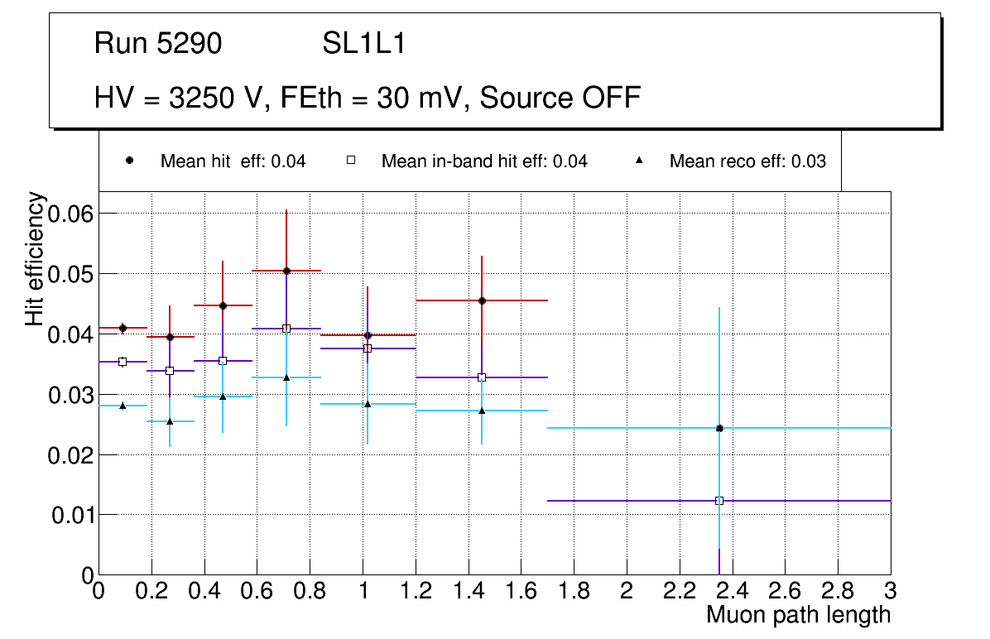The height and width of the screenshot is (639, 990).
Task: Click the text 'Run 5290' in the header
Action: (x=157, y=43)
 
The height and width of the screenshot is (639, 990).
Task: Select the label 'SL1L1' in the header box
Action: (x=363, y=43)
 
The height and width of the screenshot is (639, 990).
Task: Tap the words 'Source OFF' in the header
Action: (x=560, y=98)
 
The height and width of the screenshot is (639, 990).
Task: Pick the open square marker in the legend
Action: (x=350, y=161)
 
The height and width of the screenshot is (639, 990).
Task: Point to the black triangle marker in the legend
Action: (x=639, y=161)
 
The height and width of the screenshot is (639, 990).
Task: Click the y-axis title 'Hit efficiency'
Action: (x=35, y=258)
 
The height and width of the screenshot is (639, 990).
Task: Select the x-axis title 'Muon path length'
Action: (x=798, y=615)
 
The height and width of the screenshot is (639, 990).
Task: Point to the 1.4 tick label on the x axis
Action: (x=468, y=591)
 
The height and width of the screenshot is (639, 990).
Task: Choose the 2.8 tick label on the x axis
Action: (x=838, y=591)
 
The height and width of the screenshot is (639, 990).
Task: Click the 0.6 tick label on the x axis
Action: (x=257, y=591)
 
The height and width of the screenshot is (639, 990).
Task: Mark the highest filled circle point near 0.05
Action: (x=286, y=271)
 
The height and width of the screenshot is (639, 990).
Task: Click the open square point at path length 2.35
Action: (x=719, y=501)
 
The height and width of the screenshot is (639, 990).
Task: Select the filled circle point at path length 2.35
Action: (x=719, y=428)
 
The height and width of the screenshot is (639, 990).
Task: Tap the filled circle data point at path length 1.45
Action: (x=482, y=300)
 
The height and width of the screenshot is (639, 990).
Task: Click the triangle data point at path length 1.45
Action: (x=482, y=411)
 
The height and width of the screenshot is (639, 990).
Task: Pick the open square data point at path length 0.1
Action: (x=123, y=362)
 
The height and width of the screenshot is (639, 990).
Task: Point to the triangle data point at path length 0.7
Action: (x=286, y=377)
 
